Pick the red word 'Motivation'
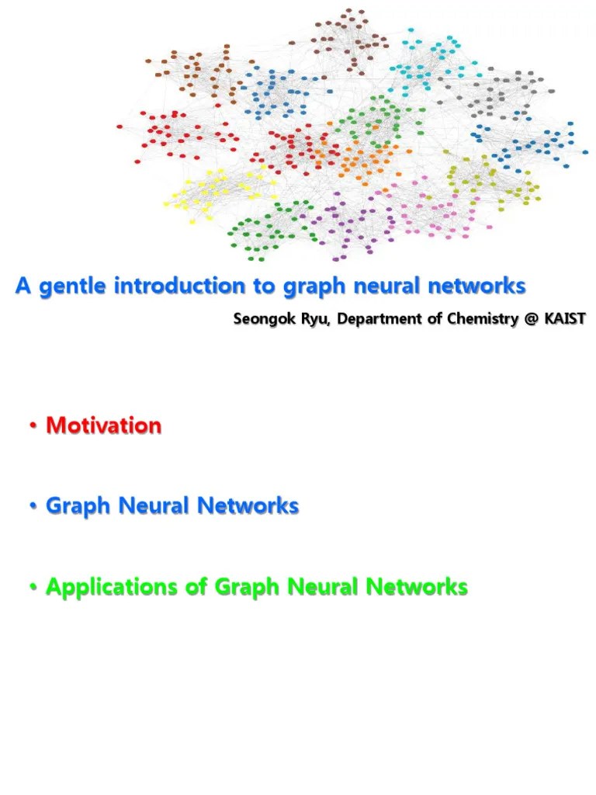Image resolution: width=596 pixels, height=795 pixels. coord(104,425)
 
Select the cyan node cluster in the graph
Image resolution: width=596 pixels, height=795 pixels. coord(427,62)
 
